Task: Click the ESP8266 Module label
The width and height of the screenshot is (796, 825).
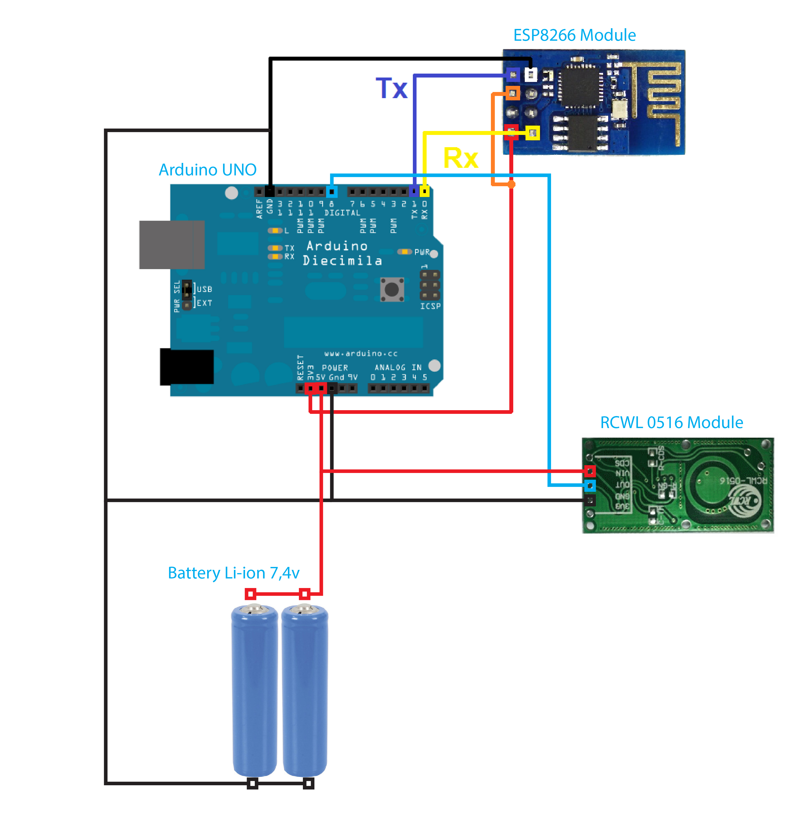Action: [x=574, y=35]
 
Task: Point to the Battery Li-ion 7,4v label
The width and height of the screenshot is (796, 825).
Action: [x=233, y=573]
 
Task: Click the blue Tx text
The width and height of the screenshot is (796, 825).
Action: [x=391, y=88]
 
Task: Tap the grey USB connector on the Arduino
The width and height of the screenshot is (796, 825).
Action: [x=172, y=245]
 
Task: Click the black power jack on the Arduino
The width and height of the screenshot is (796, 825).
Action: [x=187, y=366]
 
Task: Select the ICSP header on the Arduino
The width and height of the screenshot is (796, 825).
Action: [x=430, y=285]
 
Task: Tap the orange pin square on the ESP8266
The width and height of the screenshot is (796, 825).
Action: [x=513, y=93]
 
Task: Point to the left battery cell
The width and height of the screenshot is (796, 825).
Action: [x=254, y=690]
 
